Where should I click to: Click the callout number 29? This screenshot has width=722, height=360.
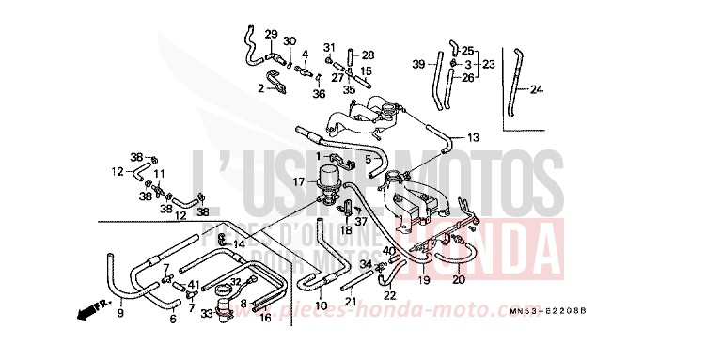271,35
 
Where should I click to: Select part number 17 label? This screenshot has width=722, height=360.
298,180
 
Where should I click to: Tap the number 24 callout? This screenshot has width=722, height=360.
537,90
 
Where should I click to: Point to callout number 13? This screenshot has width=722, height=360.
473,138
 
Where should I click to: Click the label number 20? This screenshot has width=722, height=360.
458,279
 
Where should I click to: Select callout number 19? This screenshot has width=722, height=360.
424,279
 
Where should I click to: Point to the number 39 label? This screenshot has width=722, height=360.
418,64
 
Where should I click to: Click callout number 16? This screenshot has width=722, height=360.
266,318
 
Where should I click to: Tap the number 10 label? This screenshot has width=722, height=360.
321,306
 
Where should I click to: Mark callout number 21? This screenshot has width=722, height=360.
350,302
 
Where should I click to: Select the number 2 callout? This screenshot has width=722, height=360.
260,88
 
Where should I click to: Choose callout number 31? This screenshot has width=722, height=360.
330,47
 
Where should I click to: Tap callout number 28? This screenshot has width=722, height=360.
368,55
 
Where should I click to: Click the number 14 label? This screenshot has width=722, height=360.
240,244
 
